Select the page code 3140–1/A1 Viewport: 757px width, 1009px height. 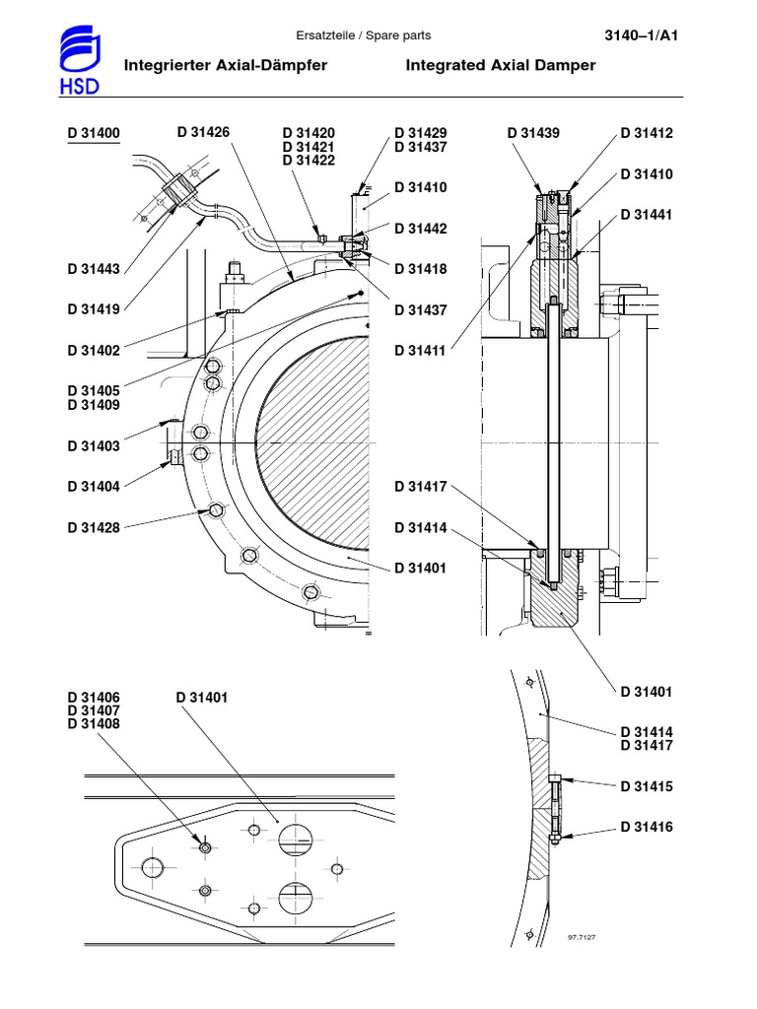click(642, 35)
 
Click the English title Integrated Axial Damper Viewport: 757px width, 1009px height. click(501, 65)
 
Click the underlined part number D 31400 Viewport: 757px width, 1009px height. click(94, 133)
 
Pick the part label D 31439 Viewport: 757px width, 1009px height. click(533, 133)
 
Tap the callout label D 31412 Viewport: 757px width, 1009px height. click(647, 133)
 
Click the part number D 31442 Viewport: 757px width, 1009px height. click(421, 229)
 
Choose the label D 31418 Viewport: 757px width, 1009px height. click(421, 269)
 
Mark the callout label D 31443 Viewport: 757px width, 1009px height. click(94, 269)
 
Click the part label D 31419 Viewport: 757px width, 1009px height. click(94, 309)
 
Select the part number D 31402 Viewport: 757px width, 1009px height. click(94, 350)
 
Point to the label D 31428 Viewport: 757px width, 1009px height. click(94, 528)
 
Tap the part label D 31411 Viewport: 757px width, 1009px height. click(421, 350)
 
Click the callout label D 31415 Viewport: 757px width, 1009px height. click(647, 786)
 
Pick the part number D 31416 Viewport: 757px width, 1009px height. click(647, 827)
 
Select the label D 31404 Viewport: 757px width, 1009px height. click(94, 487)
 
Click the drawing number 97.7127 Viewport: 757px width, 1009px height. click(584, 937)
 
